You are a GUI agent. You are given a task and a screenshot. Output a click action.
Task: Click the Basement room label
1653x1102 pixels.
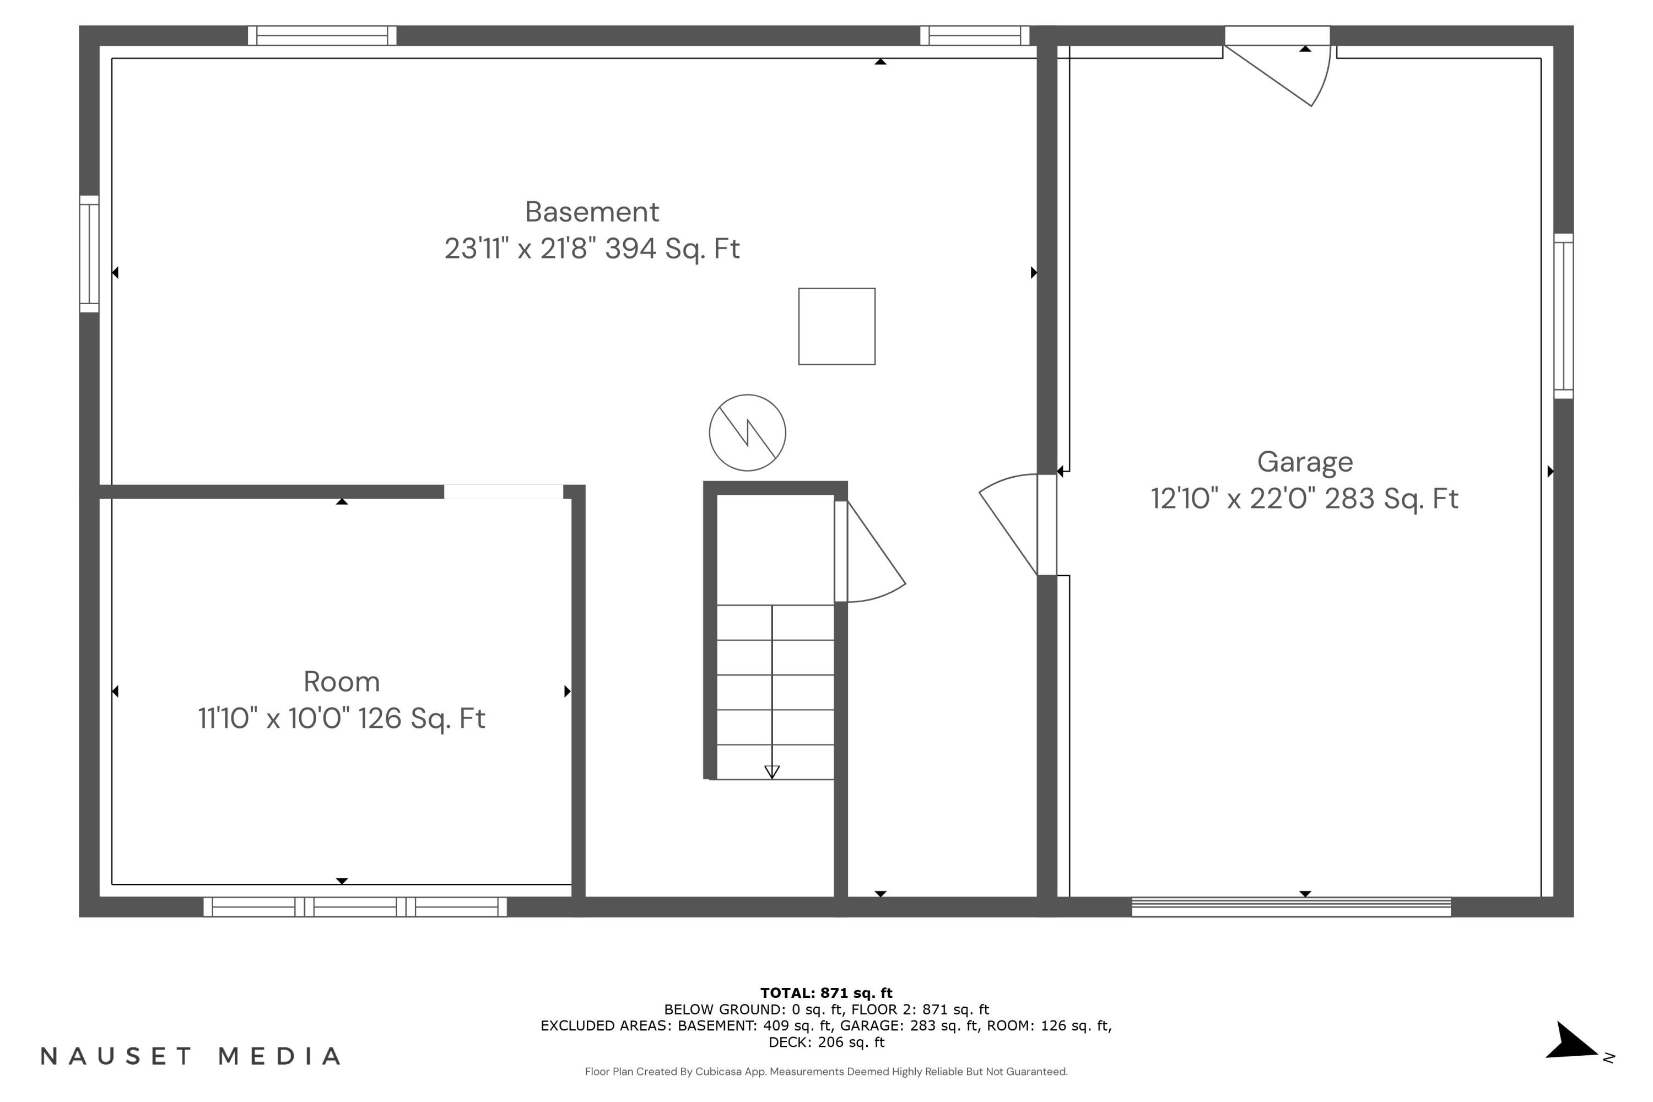(592, 212)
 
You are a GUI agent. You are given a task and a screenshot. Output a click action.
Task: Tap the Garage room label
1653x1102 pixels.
(1304, 462)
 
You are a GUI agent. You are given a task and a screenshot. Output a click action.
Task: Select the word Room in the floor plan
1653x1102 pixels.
(342, 682)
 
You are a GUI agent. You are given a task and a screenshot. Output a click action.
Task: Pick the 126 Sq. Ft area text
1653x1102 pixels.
(422, 719)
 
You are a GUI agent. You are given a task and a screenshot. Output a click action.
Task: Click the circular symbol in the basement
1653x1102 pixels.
(747, 432)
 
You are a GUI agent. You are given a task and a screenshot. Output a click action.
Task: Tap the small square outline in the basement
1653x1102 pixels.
(836, 326)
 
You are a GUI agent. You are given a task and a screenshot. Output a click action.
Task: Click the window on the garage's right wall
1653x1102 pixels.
(1563, 316)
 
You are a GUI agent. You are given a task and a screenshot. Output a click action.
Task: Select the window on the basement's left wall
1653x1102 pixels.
(89, 253)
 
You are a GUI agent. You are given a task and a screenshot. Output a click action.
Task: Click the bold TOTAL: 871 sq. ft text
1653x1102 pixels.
(826, 993)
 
